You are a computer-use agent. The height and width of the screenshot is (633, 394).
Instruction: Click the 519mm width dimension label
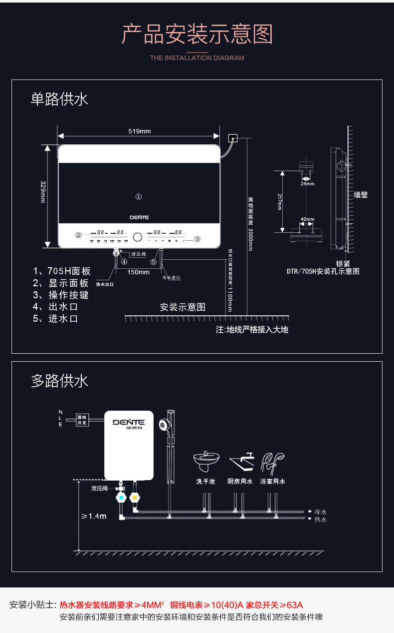point(139,131)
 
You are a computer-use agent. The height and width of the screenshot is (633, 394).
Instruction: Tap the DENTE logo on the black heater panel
point(139,217)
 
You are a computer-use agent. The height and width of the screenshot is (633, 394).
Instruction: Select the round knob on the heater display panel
point(138,235)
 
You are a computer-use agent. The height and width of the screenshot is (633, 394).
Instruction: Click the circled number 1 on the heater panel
point(139,197)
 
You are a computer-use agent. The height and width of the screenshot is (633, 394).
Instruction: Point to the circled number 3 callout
point(197,239)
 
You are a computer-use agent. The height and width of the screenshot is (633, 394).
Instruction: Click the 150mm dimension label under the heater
point(138,272)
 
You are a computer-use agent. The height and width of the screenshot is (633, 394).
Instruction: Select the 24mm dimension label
point(307,184)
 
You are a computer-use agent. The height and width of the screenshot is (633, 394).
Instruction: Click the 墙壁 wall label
point(361,195)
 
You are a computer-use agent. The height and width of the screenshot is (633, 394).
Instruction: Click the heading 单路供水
point(59,99)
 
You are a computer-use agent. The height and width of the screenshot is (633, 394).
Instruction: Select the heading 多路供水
point(59,381)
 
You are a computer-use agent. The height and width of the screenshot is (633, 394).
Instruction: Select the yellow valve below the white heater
point(134,498)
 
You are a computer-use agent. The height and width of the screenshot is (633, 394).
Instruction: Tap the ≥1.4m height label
point(94,516)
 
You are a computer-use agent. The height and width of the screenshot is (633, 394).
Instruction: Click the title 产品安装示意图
point(197,34)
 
